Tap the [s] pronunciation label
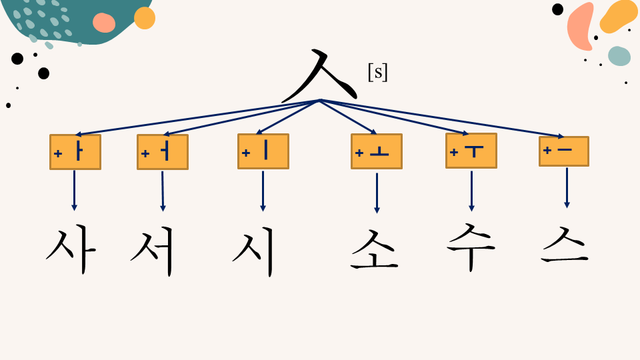pyautogui.click(x=377, y=72)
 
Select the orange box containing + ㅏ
pyautogui.click(x=75, y=152)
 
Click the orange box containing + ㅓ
pyautogui.click(x=163, y=152)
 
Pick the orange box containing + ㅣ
pyautogui.click(x=263, y=151)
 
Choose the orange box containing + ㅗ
pyautogui.click(x=377, y=151)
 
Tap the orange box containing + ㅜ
pyautogui.click(x=471, y=151)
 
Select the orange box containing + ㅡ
pyautogui.click(x=564, y=151)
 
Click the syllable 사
pyautogui.click(x=71, y=251)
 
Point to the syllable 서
pyautogui.click(x=153, y=251)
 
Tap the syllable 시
pyautogui.click(x=253, y=251)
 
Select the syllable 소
pyautogui.click(x=374, y=249)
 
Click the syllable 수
pyautogui.click(x=471, y=247)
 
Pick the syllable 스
pyautogui.click(x=565, y=245)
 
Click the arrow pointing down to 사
pyautogui.click(x=74, y=191)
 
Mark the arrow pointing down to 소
pyautogui.click(x=377, y=193)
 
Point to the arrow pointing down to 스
pyautogui.click(x=567, y=188)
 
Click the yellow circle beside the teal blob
pyautogui.click(x=145, y=18)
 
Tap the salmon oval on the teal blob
pyautogui.click(x=104, y=23)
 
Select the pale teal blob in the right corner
pyautogui.click(x=619, y=56)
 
